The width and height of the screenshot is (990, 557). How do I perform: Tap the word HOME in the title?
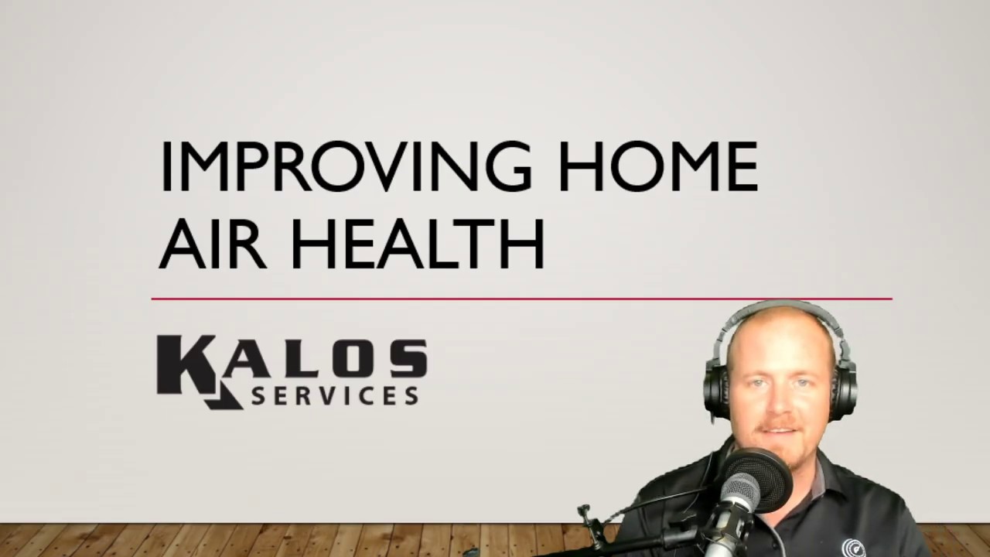point(657,166)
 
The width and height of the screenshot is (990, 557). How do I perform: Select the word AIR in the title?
point(212,244)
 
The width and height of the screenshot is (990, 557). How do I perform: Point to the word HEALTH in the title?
point(418,244)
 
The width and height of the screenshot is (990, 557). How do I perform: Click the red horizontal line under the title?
point(521,299)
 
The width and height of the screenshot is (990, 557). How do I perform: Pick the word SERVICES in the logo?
point(335,395)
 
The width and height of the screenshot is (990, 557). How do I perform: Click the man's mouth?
point(775,428)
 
